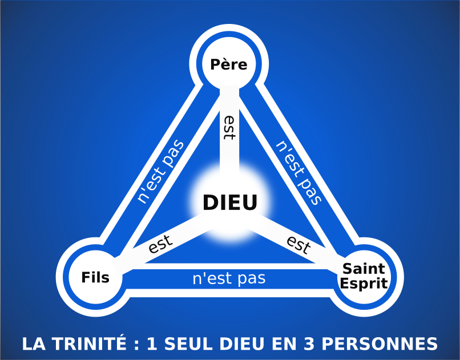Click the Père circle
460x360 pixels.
[229, 64]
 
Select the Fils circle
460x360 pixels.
[95, 278]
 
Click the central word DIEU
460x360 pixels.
[230, 203]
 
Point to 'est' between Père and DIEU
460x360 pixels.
[229, 128]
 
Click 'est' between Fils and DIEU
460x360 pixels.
[160, 245]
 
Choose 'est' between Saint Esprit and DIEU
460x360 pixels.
[298, 245]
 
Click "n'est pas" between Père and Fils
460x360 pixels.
[161, 171]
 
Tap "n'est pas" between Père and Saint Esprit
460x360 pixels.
[298, 171]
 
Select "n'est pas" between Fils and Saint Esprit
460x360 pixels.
[229, 279]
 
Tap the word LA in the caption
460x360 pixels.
[33, 344]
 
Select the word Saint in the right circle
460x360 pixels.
[364, 269]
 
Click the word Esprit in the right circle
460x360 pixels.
[364, 283]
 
